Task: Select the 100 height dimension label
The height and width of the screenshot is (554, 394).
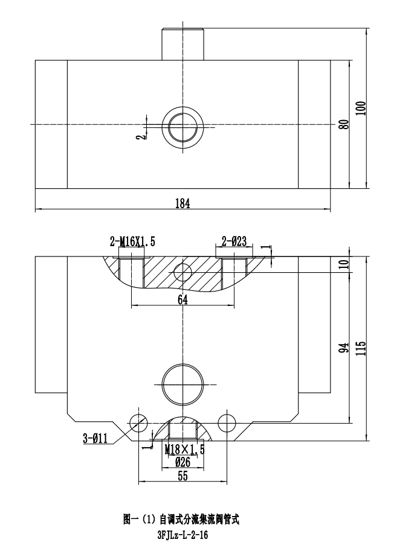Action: [361, 108]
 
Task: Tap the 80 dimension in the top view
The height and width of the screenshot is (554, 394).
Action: [343, 125]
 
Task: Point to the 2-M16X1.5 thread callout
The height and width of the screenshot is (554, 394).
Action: [132, 242]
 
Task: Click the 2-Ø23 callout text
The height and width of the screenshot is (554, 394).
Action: [234, 242]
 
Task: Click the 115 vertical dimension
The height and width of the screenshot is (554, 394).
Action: [361, 348]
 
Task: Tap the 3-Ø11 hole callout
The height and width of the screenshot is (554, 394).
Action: [95, 439]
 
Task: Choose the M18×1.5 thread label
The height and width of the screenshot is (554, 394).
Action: [184, 450]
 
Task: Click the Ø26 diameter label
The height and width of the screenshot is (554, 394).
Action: [183, 462]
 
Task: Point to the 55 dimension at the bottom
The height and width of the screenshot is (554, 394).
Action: [183, 476]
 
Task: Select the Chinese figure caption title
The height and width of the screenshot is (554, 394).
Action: [182, 520]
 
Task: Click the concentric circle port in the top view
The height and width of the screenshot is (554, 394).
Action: [182, 127]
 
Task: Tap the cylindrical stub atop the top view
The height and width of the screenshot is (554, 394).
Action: [183, 43]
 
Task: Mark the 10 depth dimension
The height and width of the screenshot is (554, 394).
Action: [344, 264]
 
